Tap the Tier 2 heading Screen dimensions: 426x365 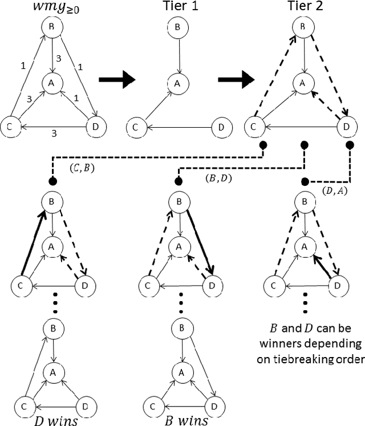pos(303,7)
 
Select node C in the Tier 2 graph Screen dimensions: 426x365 pos(253,126)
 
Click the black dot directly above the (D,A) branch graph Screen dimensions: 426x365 pos(305,181)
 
